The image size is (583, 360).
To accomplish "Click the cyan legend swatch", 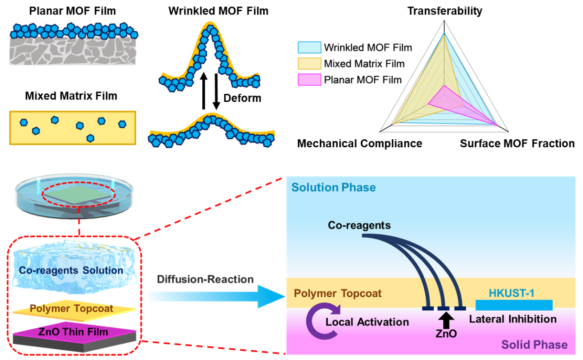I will pyautogui.click(x=309, y=47).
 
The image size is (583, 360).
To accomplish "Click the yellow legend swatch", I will pyautogui.click(x=309, y=64).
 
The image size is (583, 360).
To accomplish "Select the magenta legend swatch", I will pyautogui.click(x=309, y=80).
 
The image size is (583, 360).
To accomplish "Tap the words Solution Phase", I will pyautogui.click(x=333, y=188).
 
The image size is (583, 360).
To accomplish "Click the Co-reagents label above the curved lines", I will pyautogui.click(x=359, y=225).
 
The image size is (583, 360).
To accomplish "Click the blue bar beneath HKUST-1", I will pyautogui.click(x=514, y=305).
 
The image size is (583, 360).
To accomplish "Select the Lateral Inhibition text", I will pyautogui.click(x=512, y=319).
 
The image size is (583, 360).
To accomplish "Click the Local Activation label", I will pyautogui.click(x=367, y=322).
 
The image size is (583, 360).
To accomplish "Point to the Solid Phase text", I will pyautogui.click(x=534, y=345).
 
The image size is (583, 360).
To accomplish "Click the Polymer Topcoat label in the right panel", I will pyautogui.click(x=338, y=294).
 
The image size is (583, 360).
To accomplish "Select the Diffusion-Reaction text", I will pyautogui.click(x=205, y=280).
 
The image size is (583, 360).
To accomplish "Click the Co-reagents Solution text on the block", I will pyautogui.click(x=71, y=270).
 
